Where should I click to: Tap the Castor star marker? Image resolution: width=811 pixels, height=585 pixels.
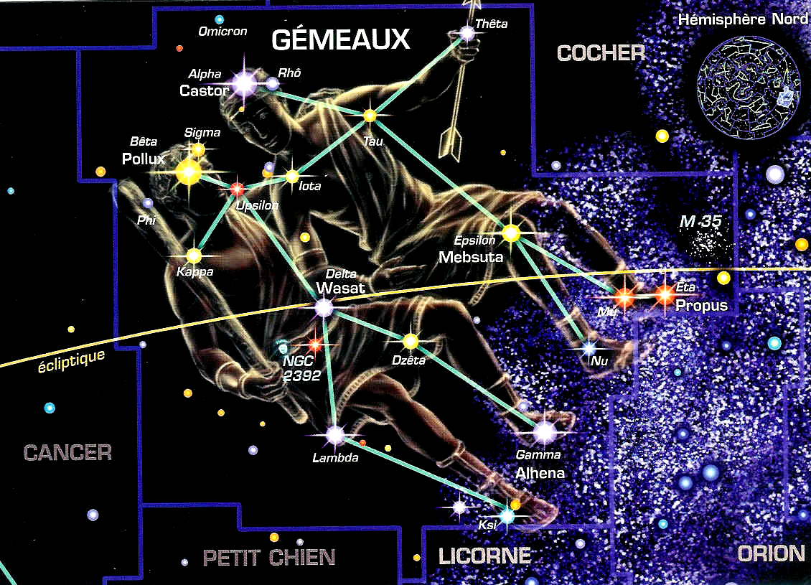coord(245,83)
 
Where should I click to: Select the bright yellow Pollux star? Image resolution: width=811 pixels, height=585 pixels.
coord(189,173)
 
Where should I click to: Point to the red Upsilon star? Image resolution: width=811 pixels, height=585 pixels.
coord(237,189)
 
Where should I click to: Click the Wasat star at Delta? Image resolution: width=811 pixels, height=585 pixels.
coord(324,308)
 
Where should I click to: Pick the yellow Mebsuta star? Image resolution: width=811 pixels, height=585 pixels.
coord(511,233)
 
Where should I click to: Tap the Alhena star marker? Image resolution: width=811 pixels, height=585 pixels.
coord(545,432)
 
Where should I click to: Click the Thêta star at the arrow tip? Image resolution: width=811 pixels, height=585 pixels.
coord(467,34)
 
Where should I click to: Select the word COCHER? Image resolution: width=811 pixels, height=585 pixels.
coord(601,53)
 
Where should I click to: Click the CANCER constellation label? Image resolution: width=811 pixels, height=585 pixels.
coord(67,453)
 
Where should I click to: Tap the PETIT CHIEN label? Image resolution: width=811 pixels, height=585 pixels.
coord(269,558)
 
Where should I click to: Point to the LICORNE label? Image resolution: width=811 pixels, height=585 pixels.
coord(484,556)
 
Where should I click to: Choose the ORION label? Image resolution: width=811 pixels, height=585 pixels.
coord(771,553)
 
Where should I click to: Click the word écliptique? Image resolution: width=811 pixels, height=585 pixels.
coord(71,360)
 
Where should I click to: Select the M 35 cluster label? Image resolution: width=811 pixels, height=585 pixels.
coord(700,221)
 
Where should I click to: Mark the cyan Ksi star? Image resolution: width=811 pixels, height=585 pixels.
coord(507,515)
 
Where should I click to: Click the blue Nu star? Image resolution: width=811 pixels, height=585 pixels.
coord(589,349)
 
